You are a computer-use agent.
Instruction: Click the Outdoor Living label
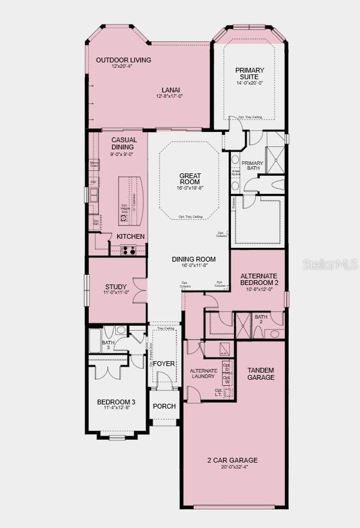click(x=124, y=60)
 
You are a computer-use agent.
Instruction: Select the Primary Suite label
click(x=250, y=74)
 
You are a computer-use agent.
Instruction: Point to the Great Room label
click(x=190, y=179)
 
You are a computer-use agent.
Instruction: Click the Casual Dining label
click(x=124, y=143)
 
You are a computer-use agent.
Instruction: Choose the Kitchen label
click(x=131, y=236)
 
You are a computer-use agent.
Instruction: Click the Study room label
click(x=116, y=287)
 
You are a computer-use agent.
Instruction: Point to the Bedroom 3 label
click(x=113, y=402)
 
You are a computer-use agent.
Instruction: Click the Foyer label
click(x=163, y=364)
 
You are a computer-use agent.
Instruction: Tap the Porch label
click(x=164, y=406)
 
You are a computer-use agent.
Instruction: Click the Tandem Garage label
click(x=261, y=374)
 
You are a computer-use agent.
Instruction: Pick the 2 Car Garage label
click(x=232, y=460)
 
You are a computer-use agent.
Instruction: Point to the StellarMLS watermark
click(x=331, y=264)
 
